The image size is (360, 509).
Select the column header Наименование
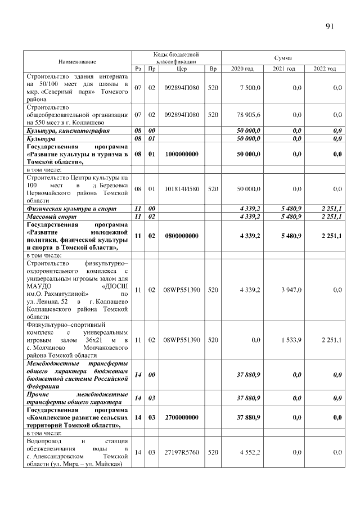(x=76, y=61)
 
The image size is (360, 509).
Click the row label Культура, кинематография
(x=60, y=130)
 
